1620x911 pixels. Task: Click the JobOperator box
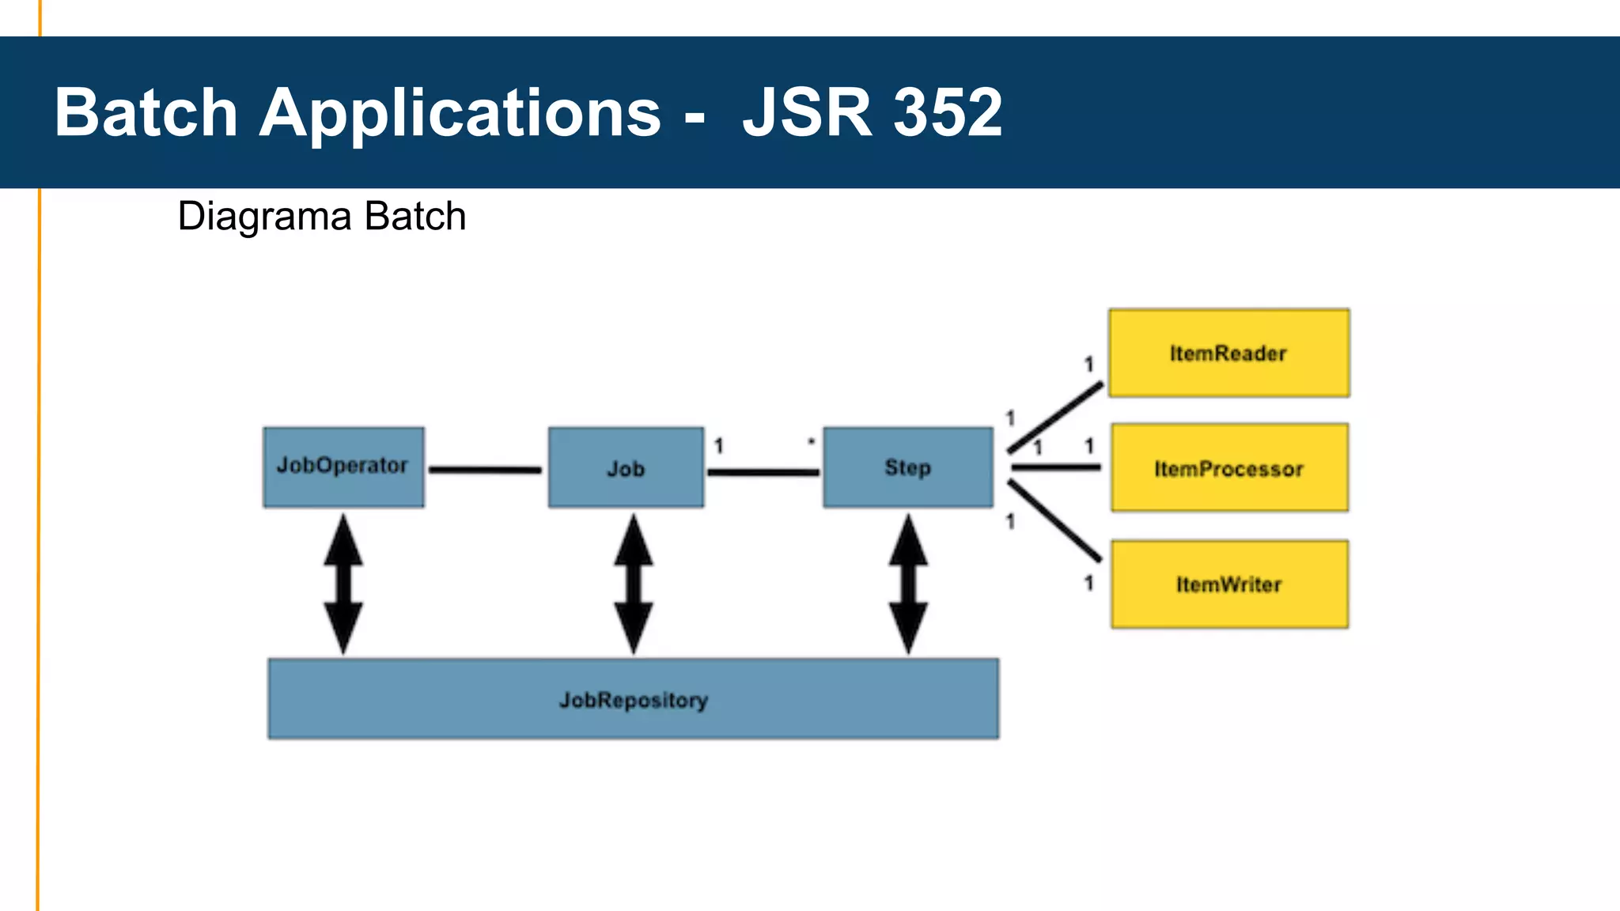coord(343,467)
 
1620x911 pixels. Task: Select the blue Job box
coord(626,467)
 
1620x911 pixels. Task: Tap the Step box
coord(907,467)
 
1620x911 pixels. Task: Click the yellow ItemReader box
coord(1228,353)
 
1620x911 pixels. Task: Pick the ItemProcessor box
coord(1229,468)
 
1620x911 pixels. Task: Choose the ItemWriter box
coord(1229,584)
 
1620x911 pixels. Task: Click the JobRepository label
coord(634,700)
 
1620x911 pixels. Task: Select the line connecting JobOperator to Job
coord(485,470)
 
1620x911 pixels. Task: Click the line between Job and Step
coord(763,472)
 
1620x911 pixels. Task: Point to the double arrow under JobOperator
coord(343,584)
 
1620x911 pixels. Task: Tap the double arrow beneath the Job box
coord(634,584)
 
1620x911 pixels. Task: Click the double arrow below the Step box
coord(908,584)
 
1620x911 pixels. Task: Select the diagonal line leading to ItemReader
coord(1056,418)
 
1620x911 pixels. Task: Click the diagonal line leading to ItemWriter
coord(1056,521)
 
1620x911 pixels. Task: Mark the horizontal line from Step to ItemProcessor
coord(1056,467)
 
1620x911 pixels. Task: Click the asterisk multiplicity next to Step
coord(811,442)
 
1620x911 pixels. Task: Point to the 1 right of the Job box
coord(719,446)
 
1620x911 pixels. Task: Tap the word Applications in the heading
coord(460,113)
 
